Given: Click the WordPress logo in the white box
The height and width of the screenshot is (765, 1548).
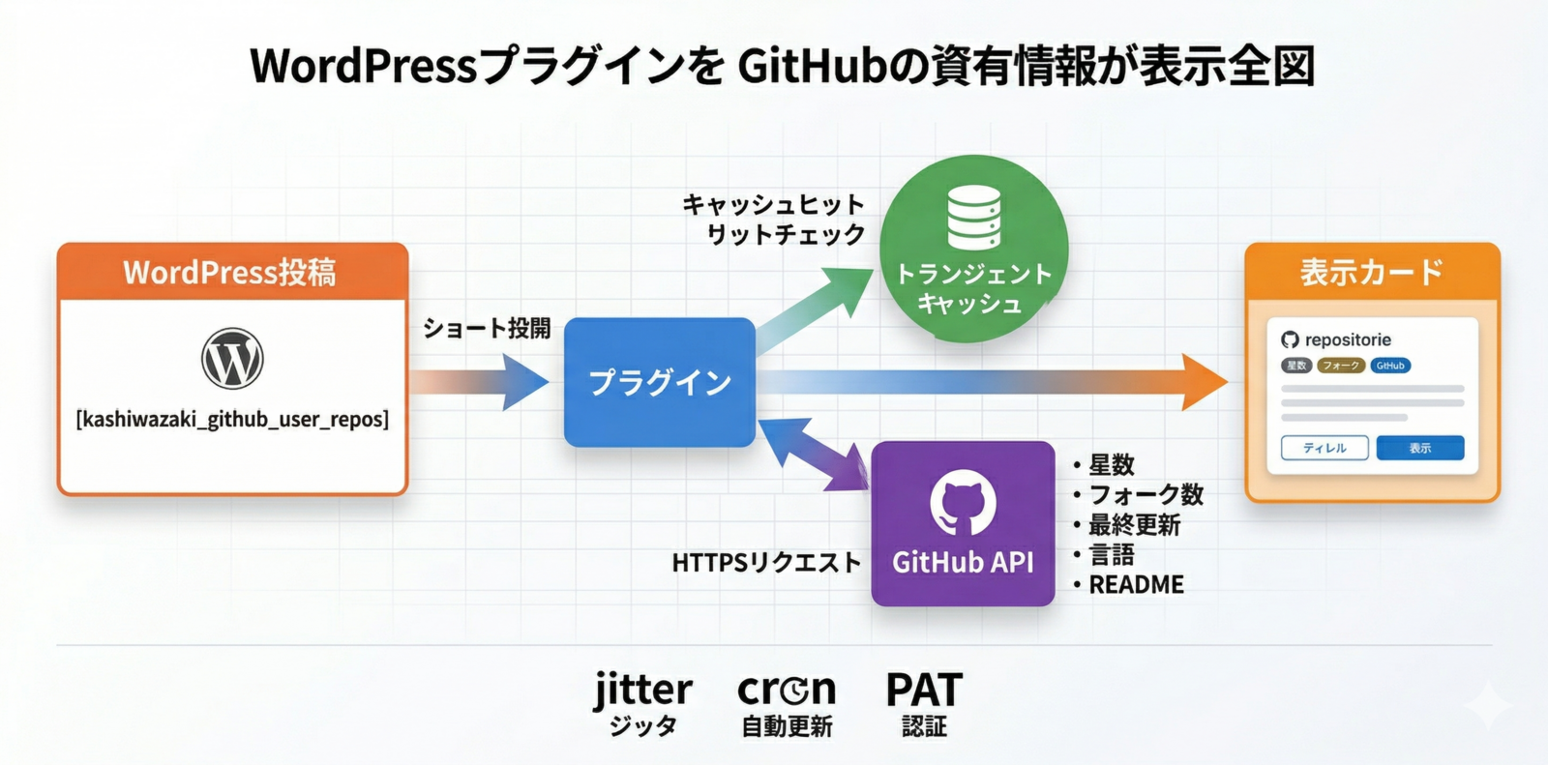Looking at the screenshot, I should point(232,359).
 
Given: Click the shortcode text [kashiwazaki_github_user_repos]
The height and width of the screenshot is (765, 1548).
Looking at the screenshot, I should point(232,420).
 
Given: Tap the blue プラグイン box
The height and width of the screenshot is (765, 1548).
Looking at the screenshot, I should point(660,382).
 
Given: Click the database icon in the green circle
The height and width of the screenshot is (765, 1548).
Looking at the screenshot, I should point(973,218).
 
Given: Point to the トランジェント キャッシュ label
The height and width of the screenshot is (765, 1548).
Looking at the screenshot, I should point(972,288).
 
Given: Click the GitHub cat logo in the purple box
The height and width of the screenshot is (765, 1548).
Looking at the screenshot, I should point(963,502).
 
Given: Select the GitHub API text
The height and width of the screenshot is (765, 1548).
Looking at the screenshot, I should point(963,562).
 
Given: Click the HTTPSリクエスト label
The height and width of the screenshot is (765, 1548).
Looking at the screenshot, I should point(766,562).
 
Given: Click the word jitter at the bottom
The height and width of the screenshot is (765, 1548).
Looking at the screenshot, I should point(643,690).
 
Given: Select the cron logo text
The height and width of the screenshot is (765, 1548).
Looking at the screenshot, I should point(787,690).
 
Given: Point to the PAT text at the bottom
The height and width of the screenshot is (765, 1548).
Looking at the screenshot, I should point(924,691).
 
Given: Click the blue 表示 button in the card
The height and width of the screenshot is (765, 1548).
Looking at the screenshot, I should point(1419,448).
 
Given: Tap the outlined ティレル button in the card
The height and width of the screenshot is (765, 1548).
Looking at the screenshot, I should point(1325,448).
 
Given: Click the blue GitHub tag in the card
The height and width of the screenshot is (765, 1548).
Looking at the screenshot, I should point(1390,366).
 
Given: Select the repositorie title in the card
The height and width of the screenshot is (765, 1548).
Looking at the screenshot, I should point(1347,339).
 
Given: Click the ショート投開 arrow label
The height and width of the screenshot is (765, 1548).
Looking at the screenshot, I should point(487,329).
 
